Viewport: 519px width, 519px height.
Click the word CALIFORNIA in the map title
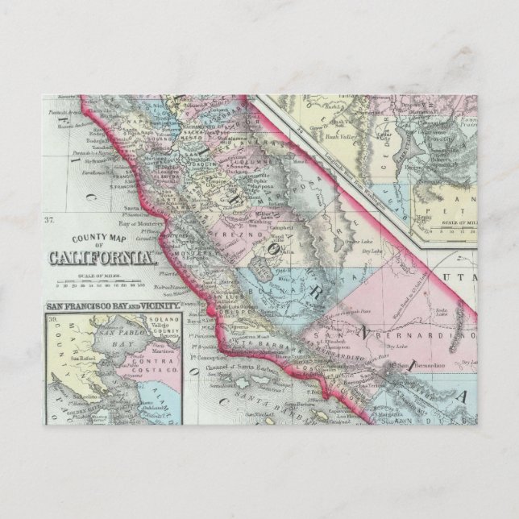coord(102,258)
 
